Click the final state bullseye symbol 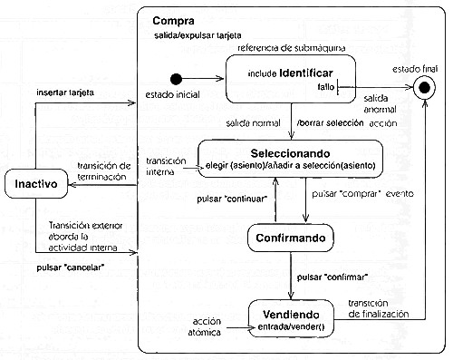(420, 88)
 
